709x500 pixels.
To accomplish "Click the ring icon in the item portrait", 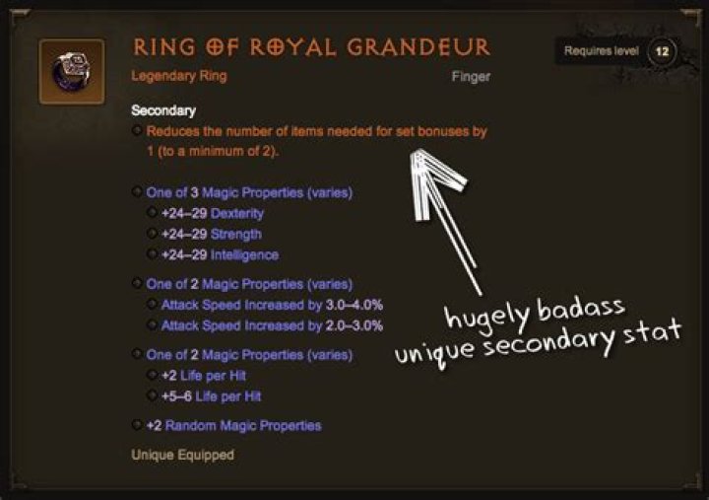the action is click(x=72, y=72).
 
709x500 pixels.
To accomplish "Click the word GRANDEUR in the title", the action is click(x=419, y=47).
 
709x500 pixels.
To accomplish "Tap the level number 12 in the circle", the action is click(x=662, y=51).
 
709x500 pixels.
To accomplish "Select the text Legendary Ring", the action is click(x=179, y=76).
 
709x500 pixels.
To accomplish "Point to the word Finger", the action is click(x=471, y=77).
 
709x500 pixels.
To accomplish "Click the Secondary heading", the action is click(x=163, y=110).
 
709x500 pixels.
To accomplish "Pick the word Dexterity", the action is click(x=237, y=213).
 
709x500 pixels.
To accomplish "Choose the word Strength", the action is click(x=236, y=234).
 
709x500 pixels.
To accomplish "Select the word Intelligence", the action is click(x=244, y=255).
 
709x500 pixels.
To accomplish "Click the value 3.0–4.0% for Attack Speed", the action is click(x=354, y=305).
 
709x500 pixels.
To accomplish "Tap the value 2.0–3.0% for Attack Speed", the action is click(x=354, y=325).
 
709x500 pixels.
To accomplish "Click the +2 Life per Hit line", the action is click(x=204, y=376).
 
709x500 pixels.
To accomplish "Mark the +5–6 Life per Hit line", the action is click(x=211, y=396).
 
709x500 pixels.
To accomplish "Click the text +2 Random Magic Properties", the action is click(x=233, y=426).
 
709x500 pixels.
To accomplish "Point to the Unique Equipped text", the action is click(x=183, y=455).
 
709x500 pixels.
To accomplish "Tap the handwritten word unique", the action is click(x=434, y=351).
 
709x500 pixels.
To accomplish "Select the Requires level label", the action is click(x=602, y=50).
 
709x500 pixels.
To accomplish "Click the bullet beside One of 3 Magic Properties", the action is click(x=137, y=191).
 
